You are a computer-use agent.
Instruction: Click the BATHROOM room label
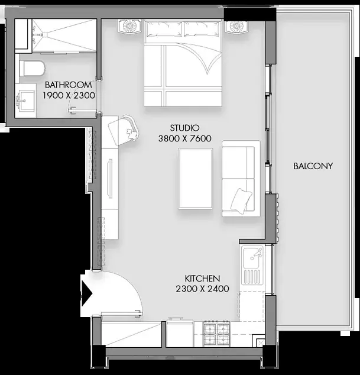(x=69, y=85)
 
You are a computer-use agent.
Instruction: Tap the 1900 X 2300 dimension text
(x=69, y=95)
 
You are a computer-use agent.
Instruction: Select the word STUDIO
(x=184, y=128)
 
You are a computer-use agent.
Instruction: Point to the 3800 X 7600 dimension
(x=185, y=138)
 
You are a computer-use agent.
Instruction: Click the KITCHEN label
(x=202, y=279)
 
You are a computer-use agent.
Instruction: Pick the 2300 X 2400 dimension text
(x=202, y=289)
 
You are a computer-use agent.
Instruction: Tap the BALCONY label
(x=313, y=166)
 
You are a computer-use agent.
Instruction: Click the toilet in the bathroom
(x=32, y=68)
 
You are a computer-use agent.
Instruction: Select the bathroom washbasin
(x=25, y=100)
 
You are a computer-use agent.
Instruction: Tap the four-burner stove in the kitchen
(x=216, y=334)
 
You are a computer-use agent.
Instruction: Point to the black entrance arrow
(x=86, y=293)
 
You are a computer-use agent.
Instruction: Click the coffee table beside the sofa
(x=195, y=179)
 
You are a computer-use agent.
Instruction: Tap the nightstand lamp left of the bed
(x=130, y=26)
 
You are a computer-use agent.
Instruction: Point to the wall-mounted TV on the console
(x=110, y=179)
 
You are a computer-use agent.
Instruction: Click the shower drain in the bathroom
(x=44, y=34)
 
